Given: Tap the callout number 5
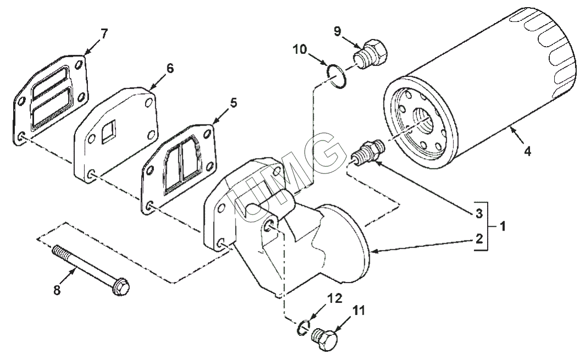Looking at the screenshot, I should tap(233, 103).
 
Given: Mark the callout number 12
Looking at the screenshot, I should tap(335, 299).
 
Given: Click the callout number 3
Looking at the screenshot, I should tap(479, 212).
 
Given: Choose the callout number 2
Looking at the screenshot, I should tap(479, 239).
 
